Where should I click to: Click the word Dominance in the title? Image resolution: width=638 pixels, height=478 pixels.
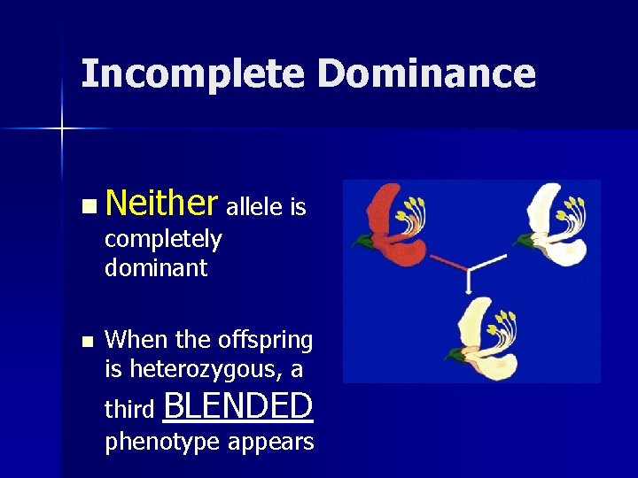(426, 74)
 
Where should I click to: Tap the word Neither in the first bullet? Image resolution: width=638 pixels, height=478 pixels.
(161, 206)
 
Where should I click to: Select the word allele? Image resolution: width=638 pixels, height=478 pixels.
(256, 208)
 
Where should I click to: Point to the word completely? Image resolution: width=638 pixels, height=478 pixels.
(163, 239)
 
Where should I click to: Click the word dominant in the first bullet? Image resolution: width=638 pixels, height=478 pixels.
(156, 267)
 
